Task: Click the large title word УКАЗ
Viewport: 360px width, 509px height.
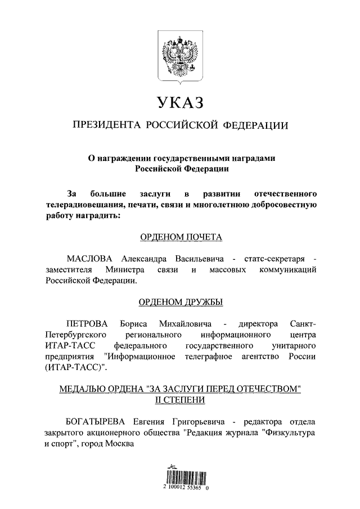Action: [x=179, y=103]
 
